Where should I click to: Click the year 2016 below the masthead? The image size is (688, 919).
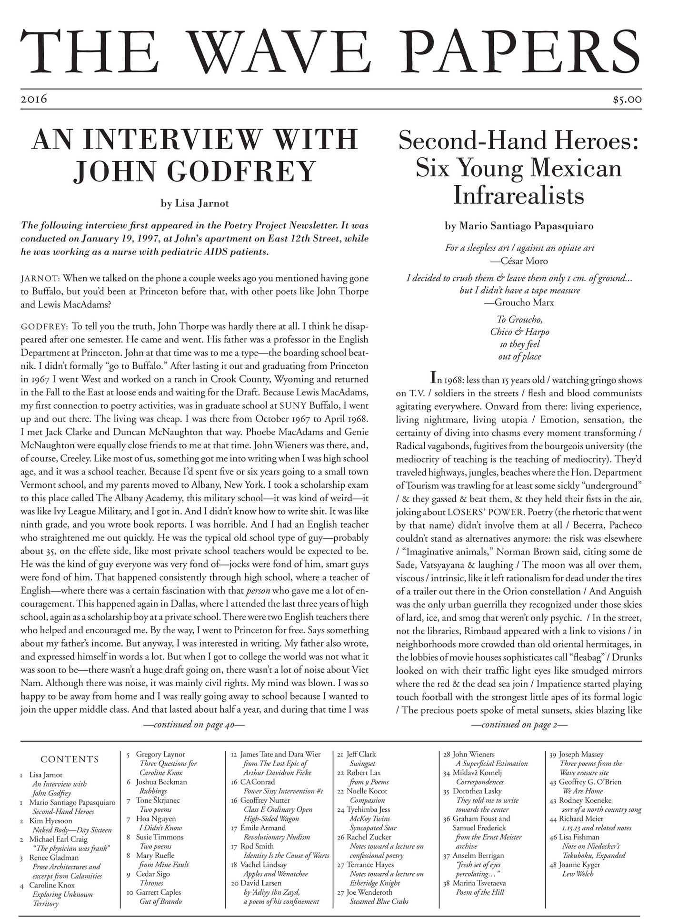pos(34,99)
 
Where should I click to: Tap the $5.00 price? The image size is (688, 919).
pos(627,100)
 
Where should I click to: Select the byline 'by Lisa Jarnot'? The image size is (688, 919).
pos(195,203)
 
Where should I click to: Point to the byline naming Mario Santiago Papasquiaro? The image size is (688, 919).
pos(519,226)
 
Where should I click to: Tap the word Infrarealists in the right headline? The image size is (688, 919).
pos(518,195)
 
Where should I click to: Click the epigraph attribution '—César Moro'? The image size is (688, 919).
pos(518,261)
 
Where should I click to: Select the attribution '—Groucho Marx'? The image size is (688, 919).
pos(519,303)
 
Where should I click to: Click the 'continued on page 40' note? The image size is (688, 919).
pos(194,725)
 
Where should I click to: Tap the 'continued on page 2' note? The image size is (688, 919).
pos(519,725)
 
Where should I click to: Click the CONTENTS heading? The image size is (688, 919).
pos(70,759)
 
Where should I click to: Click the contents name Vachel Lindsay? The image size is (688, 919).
pos(263,864)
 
